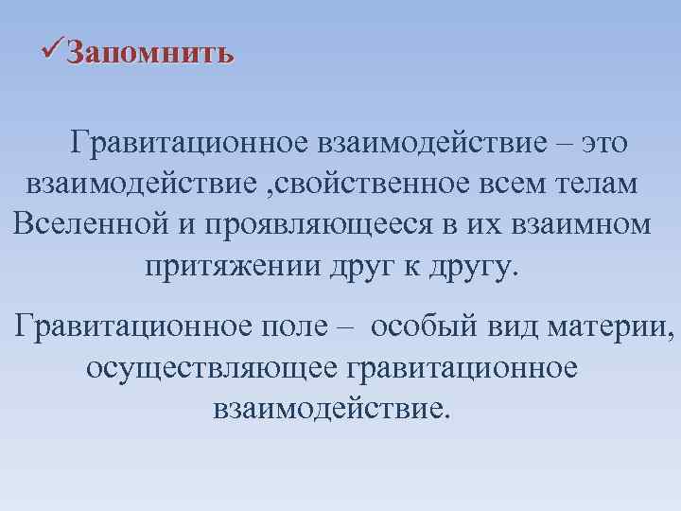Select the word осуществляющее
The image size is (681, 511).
click(x=212, y=367)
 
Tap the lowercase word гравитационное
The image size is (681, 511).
click(x=463, y=367)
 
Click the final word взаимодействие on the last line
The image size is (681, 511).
click(x=326, y=408)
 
